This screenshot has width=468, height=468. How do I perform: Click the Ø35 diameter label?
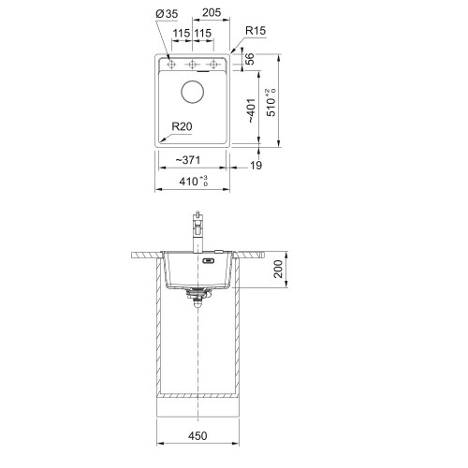click(167, 14)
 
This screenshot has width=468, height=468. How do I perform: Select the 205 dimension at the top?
click(212, 12)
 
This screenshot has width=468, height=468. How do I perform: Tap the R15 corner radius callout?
click(256, 31)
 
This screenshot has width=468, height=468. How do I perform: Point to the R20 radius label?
click(182, 126)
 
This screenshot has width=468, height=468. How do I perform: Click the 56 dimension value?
click(250, 59)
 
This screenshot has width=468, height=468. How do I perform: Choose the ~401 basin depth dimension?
click(251, 110)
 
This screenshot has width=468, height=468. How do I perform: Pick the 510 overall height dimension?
click(271, 103)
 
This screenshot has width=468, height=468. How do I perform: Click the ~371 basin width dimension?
click(187, 160)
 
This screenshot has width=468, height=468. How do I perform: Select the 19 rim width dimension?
click(256, 166)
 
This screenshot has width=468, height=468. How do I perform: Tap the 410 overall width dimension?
click(194, 181)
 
